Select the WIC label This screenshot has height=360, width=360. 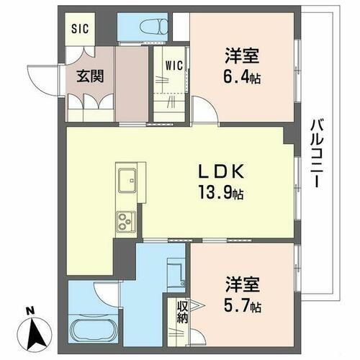pos(174,64)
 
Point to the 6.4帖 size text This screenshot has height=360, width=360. pos(241,76)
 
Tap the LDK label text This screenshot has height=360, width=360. pos(223,173)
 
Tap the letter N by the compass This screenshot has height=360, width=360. pos(29,311)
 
